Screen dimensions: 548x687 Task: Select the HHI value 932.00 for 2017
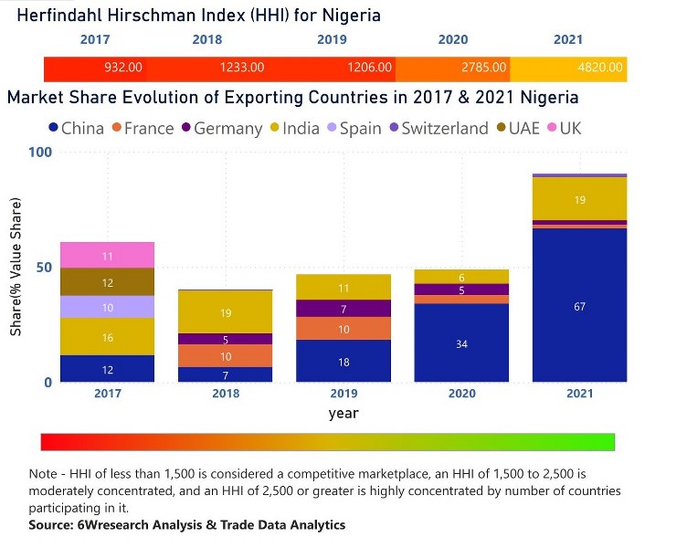tap(122, 68)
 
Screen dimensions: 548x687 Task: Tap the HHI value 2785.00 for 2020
tap(483, 68)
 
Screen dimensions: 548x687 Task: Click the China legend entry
tap(74, 128)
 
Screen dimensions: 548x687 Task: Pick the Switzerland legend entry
tap(439, 128)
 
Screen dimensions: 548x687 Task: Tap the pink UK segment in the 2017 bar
tap(107, 255)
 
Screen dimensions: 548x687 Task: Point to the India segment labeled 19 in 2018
tap(226, 312)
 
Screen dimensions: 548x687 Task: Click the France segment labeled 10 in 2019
tap(343, 329)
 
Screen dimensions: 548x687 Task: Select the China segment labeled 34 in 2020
tap(461, 342)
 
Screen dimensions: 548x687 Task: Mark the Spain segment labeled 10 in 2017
tap(107, 307)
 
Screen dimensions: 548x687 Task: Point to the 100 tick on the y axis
tap(39, 152)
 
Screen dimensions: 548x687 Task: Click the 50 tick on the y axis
tap(43, 268)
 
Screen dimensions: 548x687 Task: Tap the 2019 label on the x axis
tap(343, 395)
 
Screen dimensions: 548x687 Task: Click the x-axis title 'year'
tap(343, 414)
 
